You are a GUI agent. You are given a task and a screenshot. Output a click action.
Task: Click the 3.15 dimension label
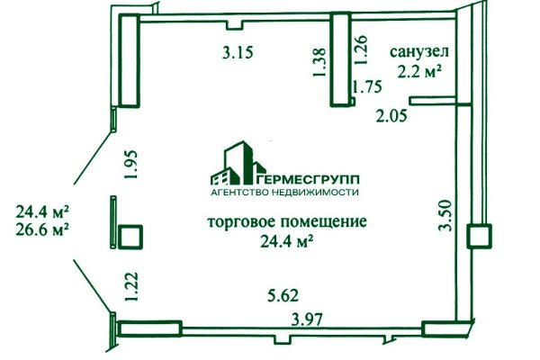tap(238, 51)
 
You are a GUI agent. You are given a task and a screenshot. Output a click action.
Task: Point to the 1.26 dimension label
tap(362, 47)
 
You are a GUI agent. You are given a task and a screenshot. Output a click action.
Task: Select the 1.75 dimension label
tap(366, 87)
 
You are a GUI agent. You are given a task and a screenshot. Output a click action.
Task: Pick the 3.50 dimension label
tap(443, 215)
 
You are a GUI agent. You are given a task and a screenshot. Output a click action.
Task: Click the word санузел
tap(419, 52)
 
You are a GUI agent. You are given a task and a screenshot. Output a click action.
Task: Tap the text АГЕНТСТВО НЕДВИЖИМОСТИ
tap(284, 192)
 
